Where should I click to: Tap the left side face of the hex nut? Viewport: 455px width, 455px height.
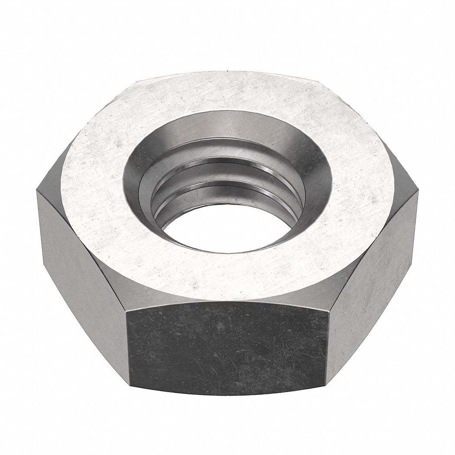(82, 277)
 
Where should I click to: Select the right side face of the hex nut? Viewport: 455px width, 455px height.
(373, 277)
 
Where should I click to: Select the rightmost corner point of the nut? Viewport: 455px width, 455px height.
(418, 191)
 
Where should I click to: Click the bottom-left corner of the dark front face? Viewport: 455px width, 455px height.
(129, 383)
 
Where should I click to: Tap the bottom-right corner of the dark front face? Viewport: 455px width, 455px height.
(326, 383)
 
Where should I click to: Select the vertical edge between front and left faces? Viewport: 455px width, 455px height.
(128, 347)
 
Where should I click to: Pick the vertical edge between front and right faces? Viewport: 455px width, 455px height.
(327, 347)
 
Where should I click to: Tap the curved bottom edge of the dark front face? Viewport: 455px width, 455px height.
(227, 395)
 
